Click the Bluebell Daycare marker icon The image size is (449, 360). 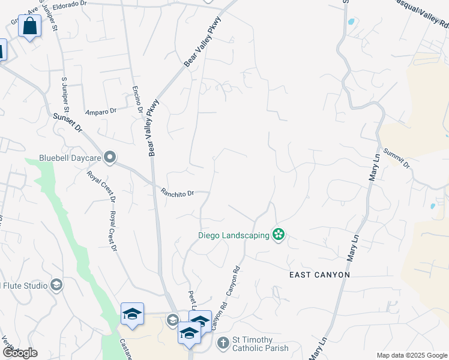pyautogui.click(x=109, y=158)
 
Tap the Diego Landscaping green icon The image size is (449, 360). pyautogui.click(x=278, y=235)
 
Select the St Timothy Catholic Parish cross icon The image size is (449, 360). pyautogui.click(x=223, y=343)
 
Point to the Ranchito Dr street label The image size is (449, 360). pyautogui.click(x=178, y=193)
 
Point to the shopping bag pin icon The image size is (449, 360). pyautogui.click(x=29, y=26)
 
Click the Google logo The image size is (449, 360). pyautogui.click(x=20, y=353)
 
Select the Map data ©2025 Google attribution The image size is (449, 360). pyautogui.click(x=411, y=355)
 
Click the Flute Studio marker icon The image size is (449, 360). pyautogui.click(x=57, y=284)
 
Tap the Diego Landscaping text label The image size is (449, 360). pyautogui.click(x=234, y=235)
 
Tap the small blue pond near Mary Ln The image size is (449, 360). pyautogui.click(x=433, y=206)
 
